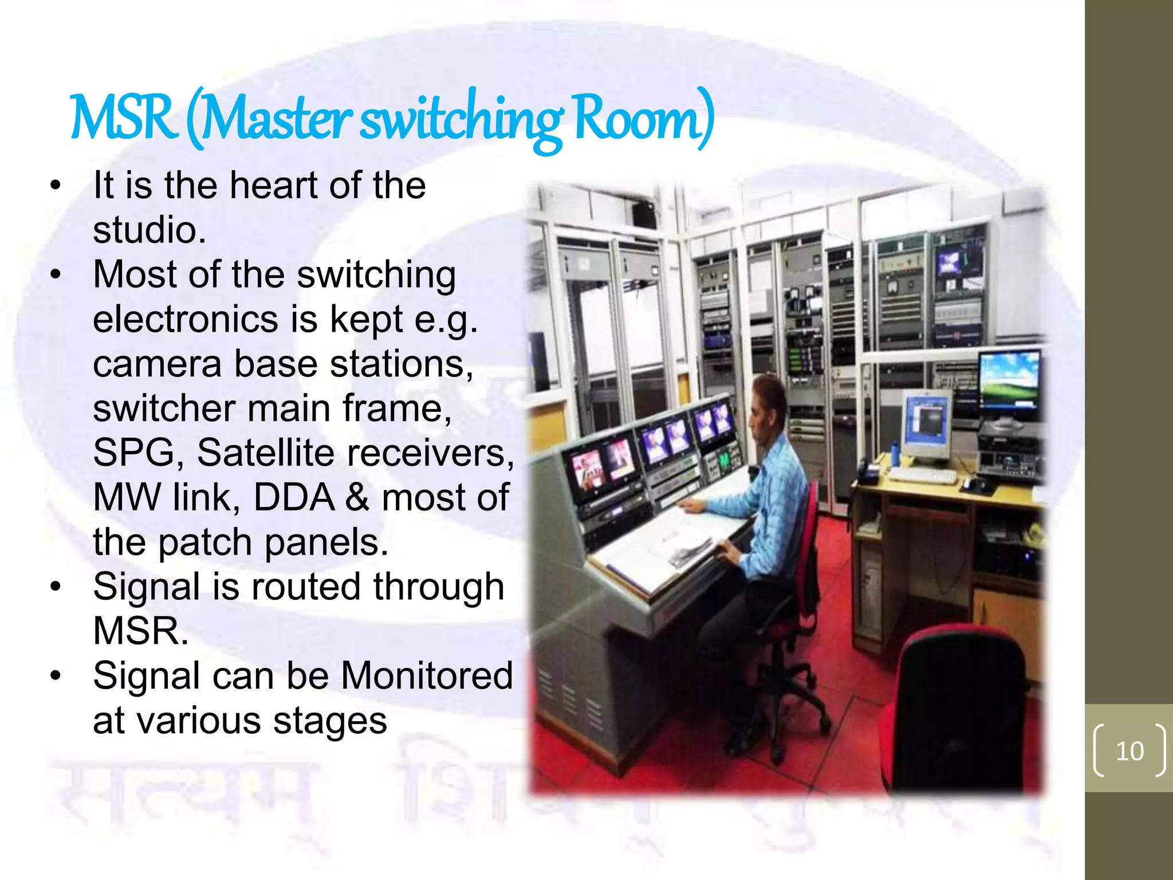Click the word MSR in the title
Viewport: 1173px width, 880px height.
coord(123,119)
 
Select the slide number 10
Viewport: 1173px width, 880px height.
coord(1129,751)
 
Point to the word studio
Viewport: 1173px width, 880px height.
coord(149,230)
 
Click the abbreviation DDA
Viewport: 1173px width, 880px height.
coord(293,497)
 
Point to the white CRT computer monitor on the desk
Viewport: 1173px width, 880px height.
coord(926,424)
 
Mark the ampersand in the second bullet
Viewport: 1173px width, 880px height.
coord(357,497)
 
